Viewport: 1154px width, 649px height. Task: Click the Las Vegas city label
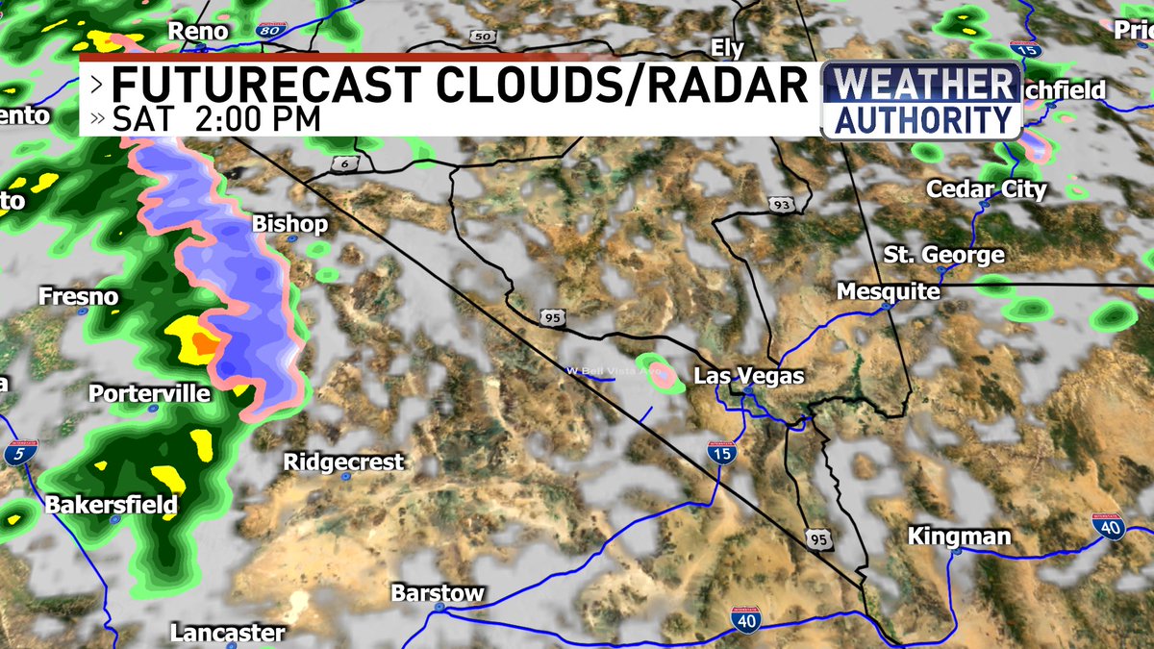[x=748, y=376]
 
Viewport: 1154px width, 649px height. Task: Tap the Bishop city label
[x=289, y=224]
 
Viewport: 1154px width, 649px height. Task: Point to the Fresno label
[x=79, y=298]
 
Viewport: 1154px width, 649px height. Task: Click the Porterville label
[x=149, y=394]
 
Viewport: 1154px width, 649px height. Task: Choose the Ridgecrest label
[x=343, y=462]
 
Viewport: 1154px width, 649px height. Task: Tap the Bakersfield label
[x=112, y=505]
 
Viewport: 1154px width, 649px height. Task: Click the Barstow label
[x=437, y=593]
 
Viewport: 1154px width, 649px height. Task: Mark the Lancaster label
[x=227, y=633]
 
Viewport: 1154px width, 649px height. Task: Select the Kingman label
[x=959, y=537]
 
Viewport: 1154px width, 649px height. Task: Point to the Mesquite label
[x=888, y=290]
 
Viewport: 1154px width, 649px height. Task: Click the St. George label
[x=943, y=256]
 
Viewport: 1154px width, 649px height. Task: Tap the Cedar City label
[x=986, y=189]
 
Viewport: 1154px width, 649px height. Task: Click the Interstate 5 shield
[x=16, y=454]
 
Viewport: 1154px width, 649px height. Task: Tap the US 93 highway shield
[x=780, y=203]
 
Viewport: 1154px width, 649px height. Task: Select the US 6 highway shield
[x=342, y=164]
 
